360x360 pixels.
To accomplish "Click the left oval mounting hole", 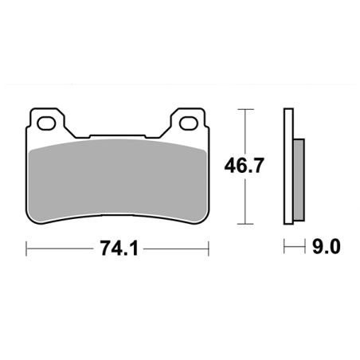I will click(x=49, y=123).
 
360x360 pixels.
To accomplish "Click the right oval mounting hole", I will click(x=190, y=123).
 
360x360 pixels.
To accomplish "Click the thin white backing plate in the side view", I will click(x=287, y=167).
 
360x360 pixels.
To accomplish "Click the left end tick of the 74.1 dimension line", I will click(x=28, y=248).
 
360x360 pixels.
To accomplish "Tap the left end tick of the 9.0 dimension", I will click(x=285, y=248).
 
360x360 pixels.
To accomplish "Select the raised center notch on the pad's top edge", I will click(x=119, y=136).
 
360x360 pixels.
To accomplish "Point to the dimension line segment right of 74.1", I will click(x=177, y=248).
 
